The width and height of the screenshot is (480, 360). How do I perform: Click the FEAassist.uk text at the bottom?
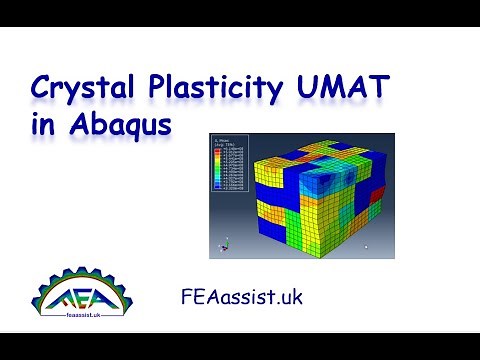click(x=239, y=297)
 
